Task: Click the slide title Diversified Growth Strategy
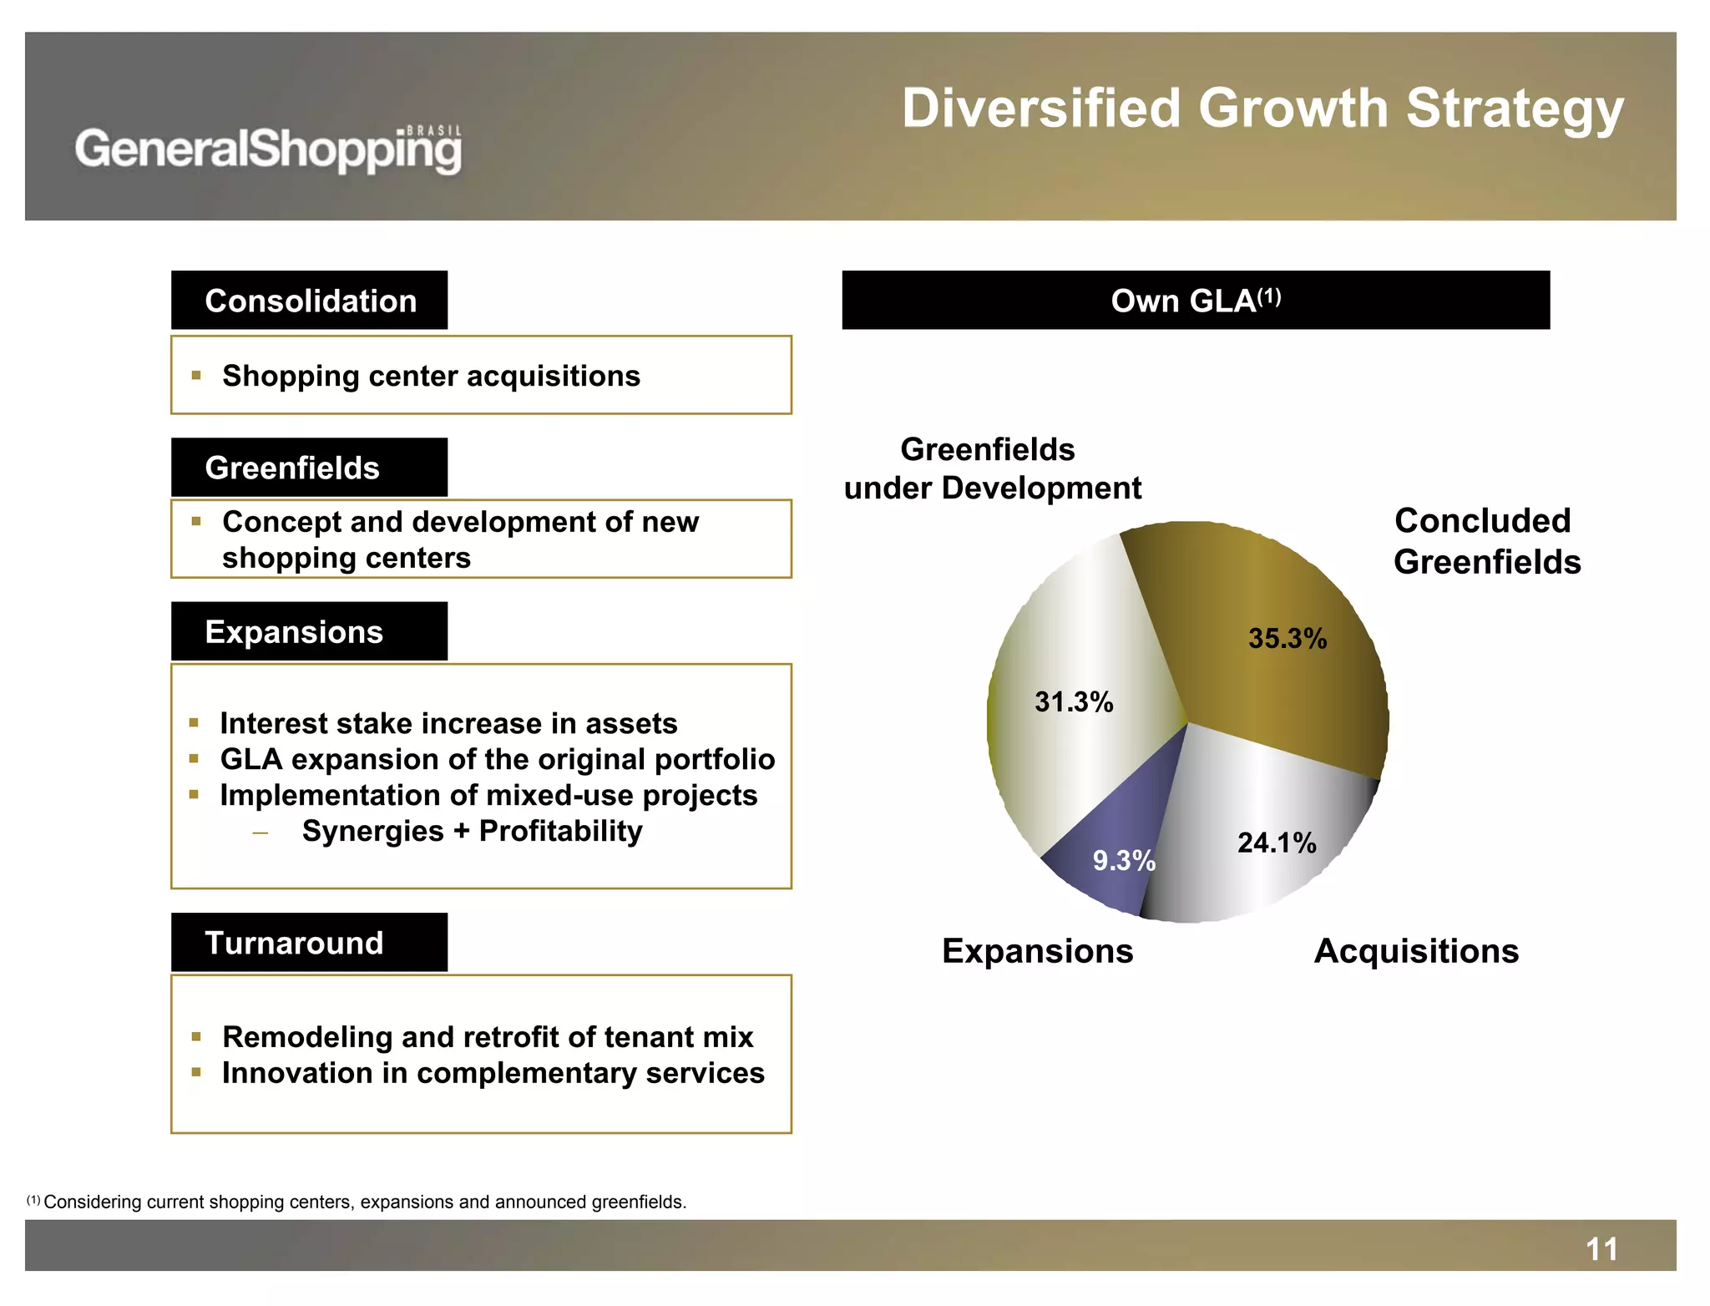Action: (1262, 109)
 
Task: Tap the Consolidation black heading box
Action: (310, 301)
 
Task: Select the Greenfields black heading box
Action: (310, 468)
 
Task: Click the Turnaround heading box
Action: (310, 943)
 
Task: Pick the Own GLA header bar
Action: (1195, 301)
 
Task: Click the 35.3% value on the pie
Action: (1287, 639)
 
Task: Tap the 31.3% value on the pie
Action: (1074, 702)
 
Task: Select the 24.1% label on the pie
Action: (1276, 843)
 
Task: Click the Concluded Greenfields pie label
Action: (1486, 541)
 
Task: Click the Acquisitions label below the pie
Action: (1416, 951)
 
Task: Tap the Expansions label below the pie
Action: (1037, 951)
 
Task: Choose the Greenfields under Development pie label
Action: (992, 468)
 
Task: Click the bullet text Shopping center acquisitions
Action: (431, 377)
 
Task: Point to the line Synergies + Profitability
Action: (472, 832)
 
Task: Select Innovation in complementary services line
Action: (493, 1073)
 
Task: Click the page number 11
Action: (1601, 1249)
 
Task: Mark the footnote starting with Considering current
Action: (364, 1202)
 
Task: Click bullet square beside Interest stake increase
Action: (194, 723)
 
